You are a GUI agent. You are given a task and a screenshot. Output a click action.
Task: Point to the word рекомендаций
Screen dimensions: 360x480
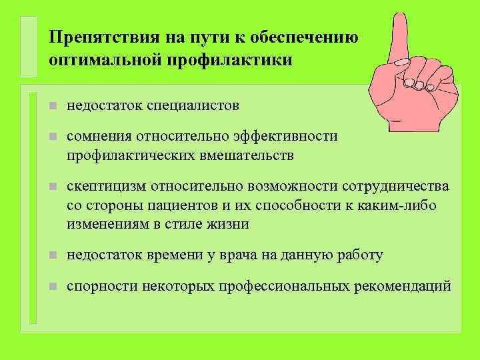[x=407, y=286]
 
